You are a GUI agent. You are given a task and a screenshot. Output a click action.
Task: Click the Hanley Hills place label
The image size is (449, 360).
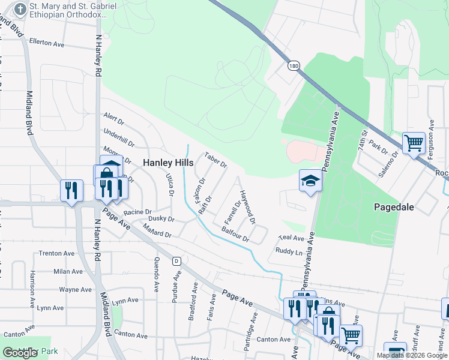pyautogui.click(x=168, y=163)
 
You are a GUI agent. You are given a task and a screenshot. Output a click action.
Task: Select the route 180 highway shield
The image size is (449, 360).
pyautogui.click(x=293, y=65)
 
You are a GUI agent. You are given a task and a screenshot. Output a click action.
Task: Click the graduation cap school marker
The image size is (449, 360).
pyautogui.click(x=310, y=180)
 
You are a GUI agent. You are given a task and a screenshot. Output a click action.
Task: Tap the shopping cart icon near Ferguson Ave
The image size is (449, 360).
pyautogui.click(x=414, y=143)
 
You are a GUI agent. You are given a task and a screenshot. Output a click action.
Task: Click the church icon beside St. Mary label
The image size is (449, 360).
pyautogui.click(x=20, y=10)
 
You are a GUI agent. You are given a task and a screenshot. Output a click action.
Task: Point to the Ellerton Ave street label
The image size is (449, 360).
pyautogui.click(x=46, y=44)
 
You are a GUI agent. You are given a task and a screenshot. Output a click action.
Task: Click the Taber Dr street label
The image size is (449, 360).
pyautogui.click(x=215, y=160)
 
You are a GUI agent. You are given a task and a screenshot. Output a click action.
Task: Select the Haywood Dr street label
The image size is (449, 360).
pyautogui.click(x=247, y=206)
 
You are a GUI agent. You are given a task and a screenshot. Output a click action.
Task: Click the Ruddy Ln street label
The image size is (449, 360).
pyautogui.click(x=289, y=251)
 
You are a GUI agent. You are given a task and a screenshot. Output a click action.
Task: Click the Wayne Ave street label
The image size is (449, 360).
pyautogui.click(x=75, y=290)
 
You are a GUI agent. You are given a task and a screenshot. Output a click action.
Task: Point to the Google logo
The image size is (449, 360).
pyautogui.click(x=20, y=353)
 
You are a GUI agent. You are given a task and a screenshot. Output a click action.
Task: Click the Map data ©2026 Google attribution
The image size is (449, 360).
pyautogui.click(x=412, y=355)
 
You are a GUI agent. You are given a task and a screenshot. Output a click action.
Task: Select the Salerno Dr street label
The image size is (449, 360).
pyautogui.click(x=391, y=161)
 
